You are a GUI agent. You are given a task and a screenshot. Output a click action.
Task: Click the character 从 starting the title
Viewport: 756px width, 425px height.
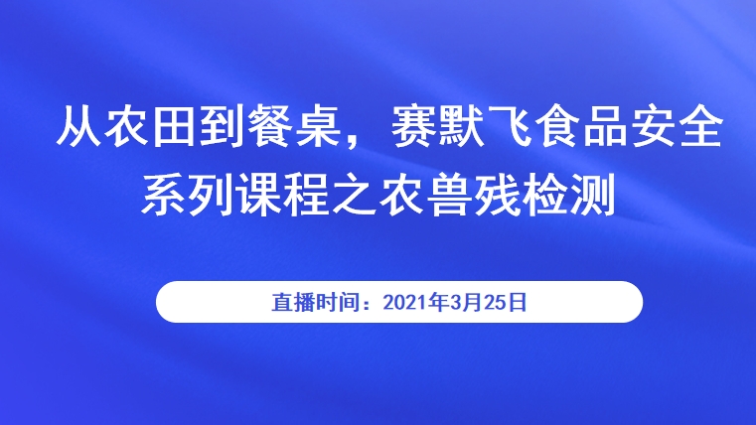pos(79,126)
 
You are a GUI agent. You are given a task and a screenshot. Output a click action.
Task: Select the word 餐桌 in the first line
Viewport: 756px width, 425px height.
pos(295,126)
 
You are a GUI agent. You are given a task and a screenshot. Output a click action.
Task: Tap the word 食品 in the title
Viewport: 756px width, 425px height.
pos(582,126)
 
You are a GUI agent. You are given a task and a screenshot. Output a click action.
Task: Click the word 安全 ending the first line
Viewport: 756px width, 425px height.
pos(678,126)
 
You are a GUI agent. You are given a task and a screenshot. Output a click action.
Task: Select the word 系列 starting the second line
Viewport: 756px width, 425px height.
pos(187,196)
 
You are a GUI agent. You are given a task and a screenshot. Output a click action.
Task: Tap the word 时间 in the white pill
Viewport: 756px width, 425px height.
pos(335,302)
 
